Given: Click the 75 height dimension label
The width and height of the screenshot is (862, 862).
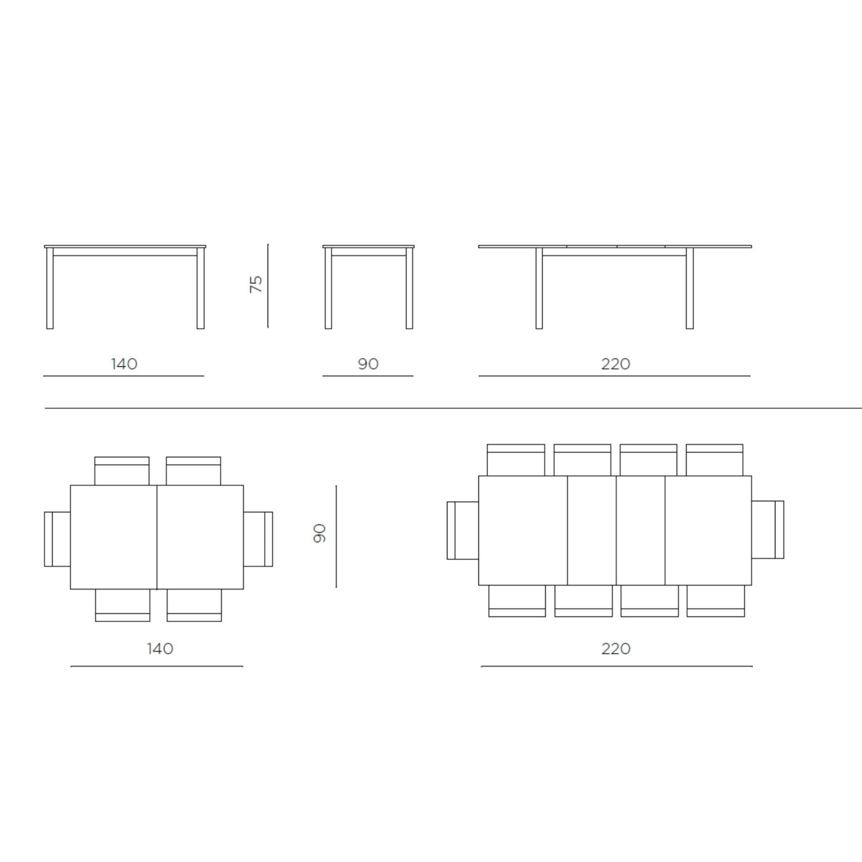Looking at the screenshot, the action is [256, 284].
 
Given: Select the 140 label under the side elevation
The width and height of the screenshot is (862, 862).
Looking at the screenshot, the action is [124, 364].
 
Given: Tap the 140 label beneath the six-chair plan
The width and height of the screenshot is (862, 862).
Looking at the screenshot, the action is [160, 648].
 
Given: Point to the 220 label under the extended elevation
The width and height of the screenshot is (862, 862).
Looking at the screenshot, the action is [616, 364].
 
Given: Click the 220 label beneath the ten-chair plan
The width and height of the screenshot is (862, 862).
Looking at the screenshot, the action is [616, 648].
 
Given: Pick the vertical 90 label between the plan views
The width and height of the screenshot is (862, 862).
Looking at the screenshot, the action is [320, 533].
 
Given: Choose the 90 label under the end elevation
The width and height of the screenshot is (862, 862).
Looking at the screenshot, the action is [368, 364].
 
